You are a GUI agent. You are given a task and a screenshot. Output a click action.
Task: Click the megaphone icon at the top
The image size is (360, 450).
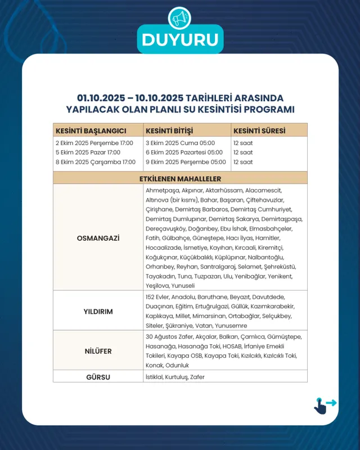[x=180, y=19]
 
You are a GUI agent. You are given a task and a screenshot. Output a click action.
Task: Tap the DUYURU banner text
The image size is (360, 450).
[x=180, y=40]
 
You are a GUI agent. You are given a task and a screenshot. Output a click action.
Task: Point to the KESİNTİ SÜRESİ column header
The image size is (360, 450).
[x=259, y=131]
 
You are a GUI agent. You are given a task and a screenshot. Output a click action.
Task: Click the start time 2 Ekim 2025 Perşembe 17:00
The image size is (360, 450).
[x=94, y=143]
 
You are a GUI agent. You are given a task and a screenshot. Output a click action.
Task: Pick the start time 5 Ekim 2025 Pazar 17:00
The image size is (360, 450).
[x=88, y=152]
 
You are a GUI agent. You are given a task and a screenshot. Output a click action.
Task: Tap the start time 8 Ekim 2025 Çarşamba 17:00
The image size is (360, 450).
[x=96, y=162]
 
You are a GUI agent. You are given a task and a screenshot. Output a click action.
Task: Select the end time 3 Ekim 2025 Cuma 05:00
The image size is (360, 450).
[x=179, y=143]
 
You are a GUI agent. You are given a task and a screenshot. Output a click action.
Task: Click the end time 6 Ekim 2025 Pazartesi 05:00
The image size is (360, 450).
[x=184, y=152]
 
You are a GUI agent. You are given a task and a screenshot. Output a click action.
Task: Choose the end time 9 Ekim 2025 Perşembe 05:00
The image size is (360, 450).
[x=186, y=162]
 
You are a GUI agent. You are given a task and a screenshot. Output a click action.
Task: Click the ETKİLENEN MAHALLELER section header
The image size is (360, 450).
[x=180, y=178]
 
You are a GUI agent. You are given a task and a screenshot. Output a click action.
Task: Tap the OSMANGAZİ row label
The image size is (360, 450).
[x=98, y=238]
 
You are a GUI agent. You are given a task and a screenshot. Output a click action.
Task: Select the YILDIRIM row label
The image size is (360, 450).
[x=98, y=311]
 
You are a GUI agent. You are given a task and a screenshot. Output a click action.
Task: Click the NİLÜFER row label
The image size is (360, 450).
[x=98, y=352]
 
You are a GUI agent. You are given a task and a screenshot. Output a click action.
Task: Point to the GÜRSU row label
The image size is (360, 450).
[x=98, y=376]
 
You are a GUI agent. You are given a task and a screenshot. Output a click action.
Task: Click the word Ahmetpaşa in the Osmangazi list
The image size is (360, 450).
[x=158, y=191]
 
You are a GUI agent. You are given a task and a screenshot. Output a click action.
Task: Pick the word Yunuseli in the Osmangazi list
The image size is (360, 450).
[x=183, y=286]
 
